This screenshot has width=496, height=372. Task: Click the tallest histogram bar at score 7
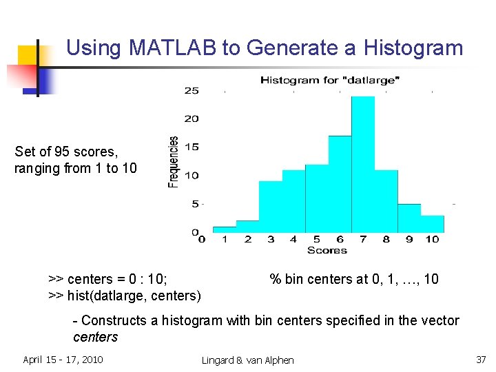pos(363,165)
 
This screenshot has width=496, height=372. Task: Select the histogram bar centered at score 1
pos(225,229)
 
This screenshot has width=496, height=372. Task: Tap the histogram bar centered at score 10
pos(432,224)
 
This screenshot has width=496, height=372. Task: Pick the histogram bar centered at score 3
pos(271,207)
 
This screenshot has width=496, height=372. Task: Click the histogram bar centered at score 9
pos(409,218)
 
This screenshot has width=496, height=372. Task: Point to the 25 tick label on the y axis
pos(191,90)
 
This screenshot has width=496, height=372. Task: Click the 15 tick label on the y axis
pos(191,147)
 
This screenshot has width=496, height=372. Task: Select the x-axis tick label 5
pos(317,240)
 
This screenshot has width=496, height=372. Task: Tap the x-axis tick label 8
pos(386,240)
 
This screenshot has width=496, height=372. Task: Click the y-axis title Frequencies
pos(174,161)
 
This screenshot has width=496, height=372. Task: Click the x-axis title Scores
pos(327,250)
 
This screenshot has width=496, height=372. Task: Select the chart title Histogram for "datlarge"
pos(329,81)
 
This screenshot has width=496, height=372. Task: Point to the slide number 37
pos(480,360)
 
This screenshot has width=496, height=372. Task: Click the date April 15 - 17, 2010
pos(63,360)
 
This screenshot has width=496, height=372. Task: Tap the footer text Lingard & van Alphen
pos(247,360)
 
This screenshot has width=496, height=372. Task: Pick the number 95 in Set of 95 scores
pos(60,152)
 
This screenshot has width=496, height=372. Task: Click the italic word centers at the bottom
pos(95,337)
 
